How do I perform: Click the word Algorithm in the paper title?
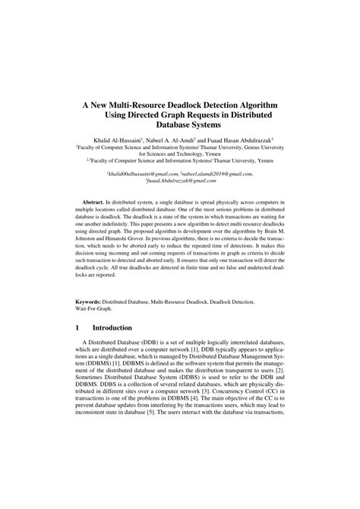(x=251, y=101)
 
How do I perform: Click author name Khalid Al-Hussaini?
(x=113, y=141)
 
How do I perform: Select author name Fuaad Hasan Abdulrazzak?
(x=238, y=141)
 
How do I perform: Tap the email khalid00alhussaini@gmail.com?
(x=144, y=174)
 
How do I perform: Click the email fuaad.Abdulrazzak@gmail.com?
(x=179, y=182)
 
